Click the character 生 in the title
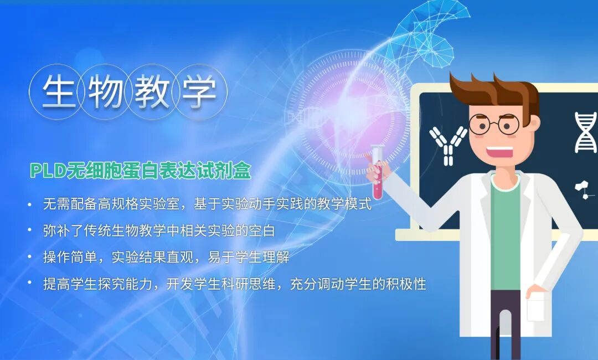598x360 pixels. (59, 92)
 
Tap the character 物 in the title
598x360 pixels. (105, 92)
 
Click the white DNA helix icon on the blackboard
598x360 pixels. (585, 132)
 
